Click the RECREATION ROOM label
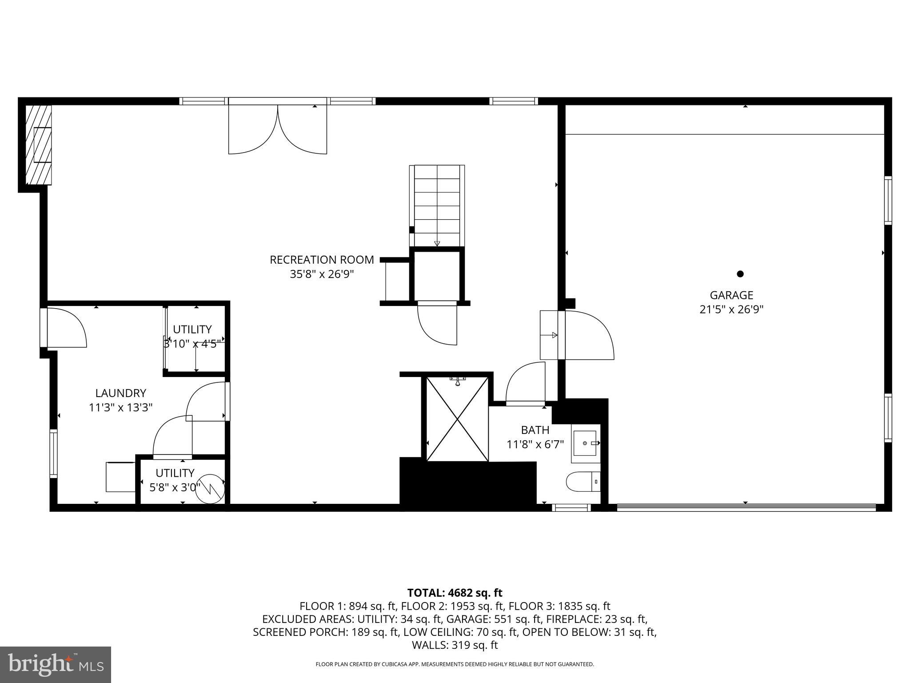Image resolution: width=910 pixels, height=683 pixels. (322, 260)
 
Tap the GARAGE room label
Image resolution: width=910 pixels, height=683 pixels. (731, 295)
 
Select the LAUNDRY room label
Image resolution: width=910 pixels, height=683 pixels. (120, 393)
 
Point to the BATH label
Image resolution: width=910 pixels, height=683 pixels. (535, 430)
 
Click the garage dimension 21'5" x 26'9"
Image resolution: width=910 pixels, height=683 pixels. (731, 309)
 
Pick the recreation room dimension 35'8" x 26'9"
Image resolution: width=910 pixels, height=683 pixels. (322, 274)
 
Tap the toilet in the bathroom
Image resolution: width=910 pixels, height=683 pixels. (582, 482)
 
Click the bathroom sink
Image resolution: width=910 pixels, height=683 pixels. (586, 443)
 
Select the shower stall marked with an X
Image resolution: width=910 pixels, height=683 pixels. (457, 419)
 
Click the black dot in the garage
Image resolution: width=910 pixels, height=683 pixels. (740, 274)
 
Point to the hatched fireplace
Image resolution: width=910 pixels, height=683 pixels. (39, 145)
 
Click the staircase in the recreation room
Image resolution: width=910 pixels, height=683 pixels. (437, 205)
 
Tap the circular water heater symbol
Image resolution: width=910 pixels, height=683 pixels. (210, 489)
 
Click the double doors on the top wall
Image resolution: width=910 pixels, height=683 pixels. (278, 129)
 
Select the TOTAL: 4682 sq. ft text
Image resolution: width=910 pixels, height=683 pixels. (455, 593)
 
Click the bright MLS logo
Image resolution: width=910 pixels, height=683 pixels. (56, 665)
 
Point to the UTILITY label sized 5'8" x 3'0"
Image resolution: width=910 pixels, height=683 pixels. (175, 473)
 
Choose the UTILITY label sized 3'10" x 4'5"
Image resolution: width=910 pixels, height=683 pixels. (192, 329)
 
